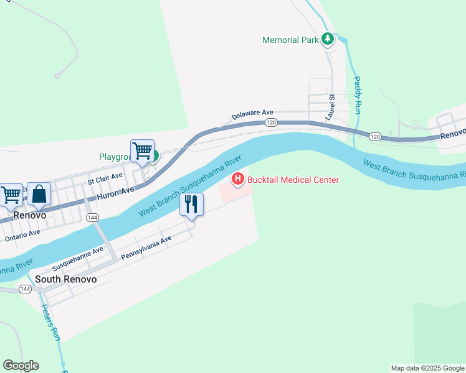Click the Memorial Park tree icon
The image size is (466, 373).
click(328, 40)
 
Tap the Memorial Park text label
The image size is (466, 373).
click(290, 40)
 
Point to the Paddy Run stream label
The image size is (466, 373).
click(358, 94)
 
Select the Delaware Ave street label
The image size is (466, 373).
click(253, 115)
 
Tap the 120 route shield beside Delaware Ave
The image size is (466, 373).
click(270, 122)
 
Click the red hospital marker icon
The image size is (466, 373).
click(237, 180)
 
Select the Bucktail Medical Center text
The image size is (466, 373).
click(293, 180)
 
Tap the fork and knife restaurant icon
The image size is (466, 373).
click(191, 204)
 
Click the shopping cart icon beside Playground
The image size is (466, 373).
click(142, 150)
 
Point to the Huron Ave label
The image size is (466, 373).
click(115, 194)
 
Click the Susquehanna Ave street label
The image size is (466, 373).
click(78, 259)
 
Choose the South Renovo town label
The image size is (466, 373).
click(66, 279)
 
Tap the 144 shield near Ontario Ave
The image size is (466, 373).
click(92, 217)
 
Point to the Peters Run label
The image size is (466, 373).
click(51, 322)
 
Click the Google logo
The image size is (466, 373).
click(21, 366)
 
